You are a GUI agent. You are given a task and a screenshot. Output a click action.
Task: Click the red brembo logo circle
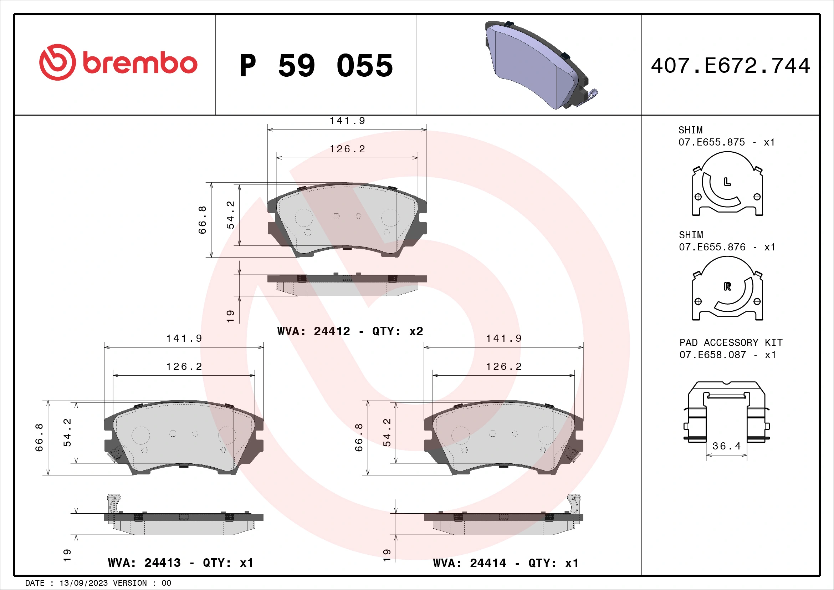[x=57, y=62]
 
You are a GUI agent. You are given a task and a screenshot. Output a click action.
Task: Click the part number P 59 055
[x=316, y=66]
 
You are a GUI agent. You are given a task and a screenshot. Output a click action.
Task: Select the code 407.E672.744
[x=730, y=66]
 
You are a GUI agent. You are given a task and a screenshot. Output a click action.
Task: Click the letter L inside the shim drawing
[x=727, y=182]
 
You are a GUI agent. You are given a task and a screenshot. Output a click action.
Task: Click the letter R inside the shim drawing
[x=727, y=287]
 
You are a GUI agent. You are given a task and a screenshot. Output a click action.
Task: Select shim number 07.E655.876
[x=712, y=247]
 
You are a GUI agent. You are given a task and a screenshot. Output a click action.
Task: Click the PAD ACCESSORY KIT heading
[x=731, y=342]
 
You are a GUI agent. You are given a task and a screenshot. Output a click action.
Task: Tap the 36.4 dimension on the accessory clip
[x=726, y=446]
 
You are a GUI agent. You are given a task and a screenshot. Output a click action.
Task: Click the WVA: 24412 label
[x=313, y=331]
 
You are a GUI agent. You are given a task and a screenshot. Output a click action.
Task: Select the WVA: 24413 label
[x=144, y=563]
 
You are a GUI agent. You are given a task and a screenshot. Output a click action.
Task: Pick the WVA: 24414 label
[x=469, y=563]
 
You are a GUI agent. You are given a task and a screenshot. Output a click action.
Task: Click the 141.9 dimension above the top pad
[x=347, y=121]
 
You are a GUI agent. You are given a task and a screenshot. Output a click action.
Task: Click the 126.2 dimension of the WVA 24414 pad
[x=503, y=367]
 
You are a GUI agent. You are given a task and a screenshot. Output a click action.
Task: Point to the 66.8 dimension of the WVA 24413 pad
[x=39, y=437]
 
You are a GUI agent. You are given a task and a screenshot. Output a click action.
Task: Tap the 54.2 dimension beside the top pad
[x=230, y=215]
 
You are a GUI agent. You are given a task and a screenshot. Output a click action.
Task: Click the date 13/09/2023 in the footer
[x=83, y=583]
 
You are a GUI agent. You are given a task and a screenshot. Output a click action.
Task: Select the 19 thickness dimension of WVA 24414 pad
[x=387, y=554]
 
